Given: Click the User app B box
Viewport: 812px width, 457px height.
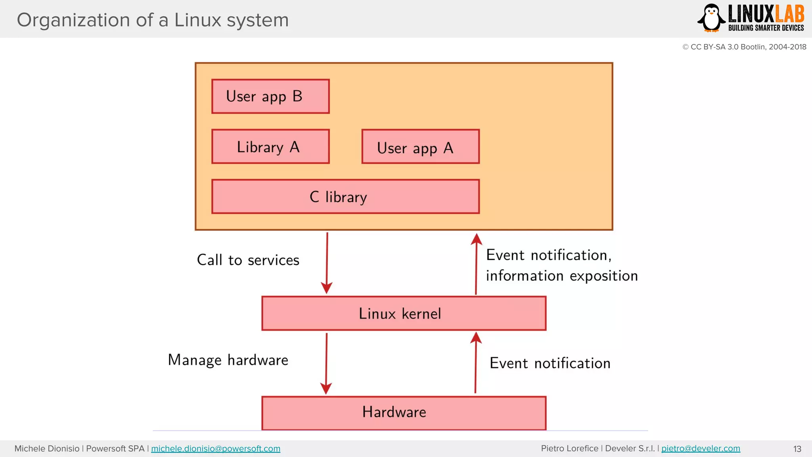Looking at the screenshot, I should point(270,96).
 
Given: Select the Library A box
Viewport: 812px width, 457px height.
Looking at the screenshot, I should point(270,146).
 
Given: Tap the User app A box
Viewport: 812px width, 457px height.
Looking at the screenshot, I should point(420,146).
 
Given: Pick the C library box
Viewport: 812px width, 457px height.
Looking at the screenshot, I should point(345,197).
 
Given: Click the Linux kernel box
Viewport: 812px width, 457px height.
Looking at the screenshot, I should point(404,313).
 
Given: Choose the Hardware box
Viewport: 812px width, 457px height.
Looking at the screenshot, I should point(404,413).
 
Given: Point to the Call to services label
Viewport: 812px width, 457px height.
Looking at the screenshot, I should point(248,260).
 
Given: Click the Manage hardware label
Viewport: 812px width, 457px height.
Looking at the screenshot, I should point(228,360).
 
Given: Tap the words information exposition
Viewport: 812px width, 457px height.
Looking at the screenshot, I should point(562,276).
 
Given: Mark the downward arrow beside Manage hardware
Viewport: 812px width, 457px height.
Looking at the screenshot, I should point(326,363).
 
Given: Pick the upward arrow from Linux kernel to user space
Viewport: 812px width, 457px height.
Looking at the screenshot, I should point(476,263).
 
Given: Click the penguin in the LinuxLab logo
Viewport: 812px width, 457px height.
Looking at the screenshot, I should point(711,18).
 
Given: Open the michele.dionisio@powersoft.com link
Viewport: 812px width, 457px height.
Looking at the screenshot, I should point(216,449).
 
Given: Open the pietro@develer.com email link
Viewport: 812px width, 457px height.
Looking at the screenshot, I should point(701,449).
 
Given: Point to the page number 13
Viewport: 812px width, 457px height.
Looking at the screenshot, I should point(797,449).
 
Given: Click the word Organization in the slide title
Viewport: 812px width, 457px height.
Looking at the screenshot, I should point(73,20).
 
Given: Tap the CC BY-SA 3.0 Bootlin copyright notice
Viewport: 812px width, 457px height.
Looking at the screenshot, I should point(744,47).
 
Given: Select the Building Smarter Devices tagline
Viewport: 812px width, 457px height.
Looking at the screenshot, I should point(766,28).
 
